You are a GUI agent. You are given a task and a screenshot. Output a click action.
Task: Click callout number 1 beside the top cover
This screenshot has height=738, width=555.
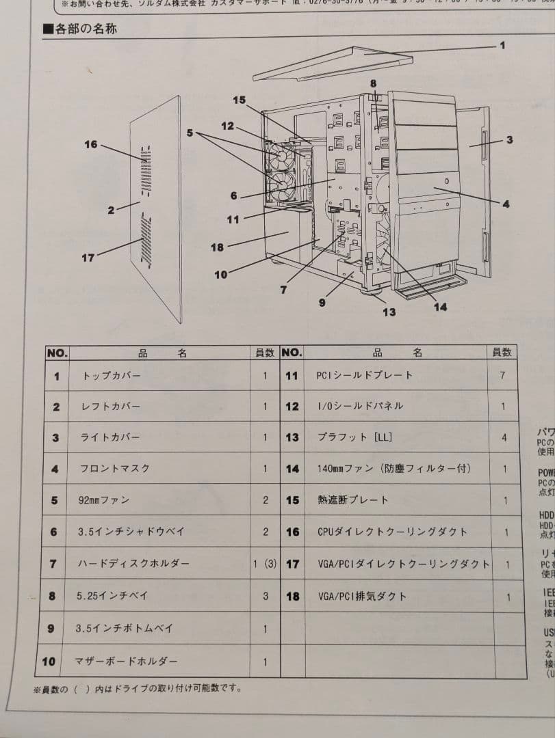pyautogui.click(x=502, y=45)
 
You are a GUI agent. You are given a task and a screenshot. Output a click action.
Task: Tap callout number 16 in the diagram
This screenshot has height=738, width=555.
pyautogui.click(x=91, y=145)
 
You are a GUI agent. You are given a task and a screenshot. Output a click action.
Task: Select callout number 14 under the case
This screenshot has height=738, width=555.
pyautogui.click(x=440, y=307)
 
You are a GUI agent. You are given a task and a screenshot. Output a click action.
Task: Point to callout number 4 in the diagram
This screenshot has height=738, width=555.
pyautogui.click(x=506, y=204)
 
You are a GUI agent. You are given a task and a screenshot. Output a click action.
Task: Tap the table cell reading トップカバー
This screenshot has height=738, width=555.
pyautogui.click(x=111, y=376)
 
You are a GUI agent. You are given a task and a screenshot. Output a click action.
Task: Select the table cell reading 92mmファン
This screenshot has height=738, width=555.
pyautogui.click(x=104, y=500)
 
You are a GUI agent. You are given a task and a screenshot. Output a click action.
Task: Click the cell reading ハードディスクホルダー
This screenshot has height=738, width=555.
pyautogui.click(x=133, y=564)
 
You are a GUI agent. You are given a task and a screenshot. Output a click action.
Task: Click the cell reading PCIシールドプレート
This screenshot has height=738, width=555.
pyautogui.click(x=364, y=375)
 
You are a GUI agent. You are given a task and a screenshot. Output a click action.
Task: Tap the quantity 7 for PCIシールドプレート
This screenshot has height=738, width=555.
pyautogui.click(x=503, y=375)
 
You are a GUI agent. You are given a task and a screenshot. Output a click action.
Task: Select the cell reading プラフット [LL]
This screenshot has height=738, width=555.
pyautogui.click(x=354, y=437)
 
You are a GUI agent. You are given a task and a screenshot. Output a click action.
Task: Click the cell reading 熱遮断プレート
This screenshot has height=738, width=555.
pyautogui.click(x=352, y=500)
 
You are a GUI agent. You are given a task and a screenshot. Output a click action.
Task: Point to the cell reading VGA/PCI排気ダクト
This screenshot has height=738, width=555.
pyautogui.click(x=362, y=596)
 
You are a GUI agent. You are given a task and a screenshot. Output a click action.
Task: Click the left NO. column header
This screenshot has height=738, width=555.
pyautogui.click(x=57, y=353)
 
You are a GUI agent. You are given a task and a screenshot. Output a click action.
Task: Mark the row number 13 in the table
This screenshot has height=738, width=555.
pyautogui.click(x=292, y=437)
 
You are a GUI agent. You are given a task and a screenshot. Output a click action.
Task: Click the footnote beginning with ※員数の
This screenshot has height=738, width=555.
pyautogui.click(x=138, y=688)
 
